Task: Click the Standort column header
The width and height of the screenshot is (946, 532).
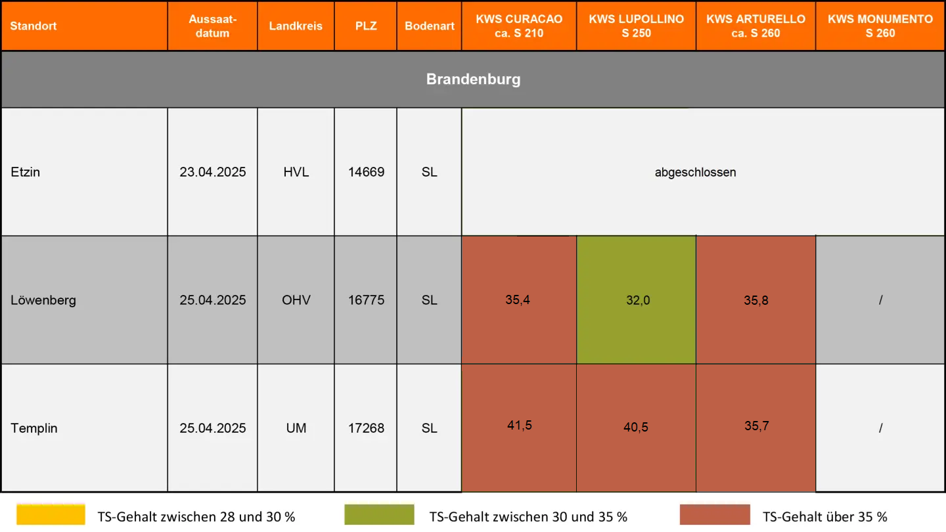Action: pyautogui.click(x=34, y=26)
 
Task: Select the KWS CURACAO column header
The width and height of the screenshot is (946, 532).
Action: pyautogui.click(x=519, y=26)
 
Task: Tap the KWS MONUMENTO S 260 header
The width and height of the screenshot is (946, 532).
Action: pyautogui.click(x=880, y=26)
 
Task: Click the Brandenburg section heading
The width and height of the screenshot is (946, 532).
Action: pyautogui.click(x=473, y=79)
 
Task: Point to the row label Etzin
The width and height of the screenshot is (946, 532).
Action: pyautogui.click(x=26, y=172)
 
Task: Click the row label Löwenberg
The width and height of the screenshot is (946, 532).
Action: pyautogui.click(x=43, y=300)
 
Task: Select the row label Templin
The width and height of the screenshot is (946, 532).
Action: pyautogui.click(x=34, y=428)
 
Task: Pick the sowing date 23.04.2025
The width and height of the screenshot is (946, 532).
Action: pyautogui.click(x=213, y=172)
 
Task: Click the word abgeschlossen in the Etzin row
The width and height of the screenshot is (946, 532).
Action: pyautogui.click(x=695, y=173)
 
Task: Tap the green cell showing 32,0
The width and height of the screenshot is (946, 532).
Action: pyautogui.click(x=637, y=300)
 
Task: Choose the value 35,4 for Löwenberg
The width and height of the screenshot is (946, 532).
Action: pyautogui.click(x=518, y=300)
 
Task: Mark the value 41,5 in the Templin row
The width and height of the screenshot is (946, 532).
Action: pyautogui.click(x=519, y=426)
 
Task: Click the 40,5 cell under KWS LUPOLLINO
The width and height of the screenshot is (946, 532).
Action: pyautogui.click(x=636, y=427)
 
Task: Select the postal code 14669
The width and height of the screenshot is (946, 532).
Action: pyautogui.click(x=366, y=172)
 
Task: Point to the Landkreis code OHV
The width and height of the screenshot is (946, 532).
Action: pyautogui.click(x=296, y=300)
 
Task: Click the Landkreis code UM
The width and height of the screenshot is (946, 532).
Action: pyautogui.click(x=296, y=428)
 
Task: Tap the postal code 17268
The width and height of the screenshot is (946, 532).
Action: pyautogui.click(x=366, y=428)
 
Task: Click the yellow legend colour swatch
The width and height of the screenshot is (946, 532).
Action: pyautogui.click(x=51, y=515)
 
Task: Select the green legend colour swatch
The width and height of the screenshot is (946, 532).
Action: pyautogui.click(x=379, y=515)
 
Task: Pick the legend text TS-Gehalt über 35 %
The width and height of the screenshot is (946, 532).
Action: pyautogui.click(x=825, y=517)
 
